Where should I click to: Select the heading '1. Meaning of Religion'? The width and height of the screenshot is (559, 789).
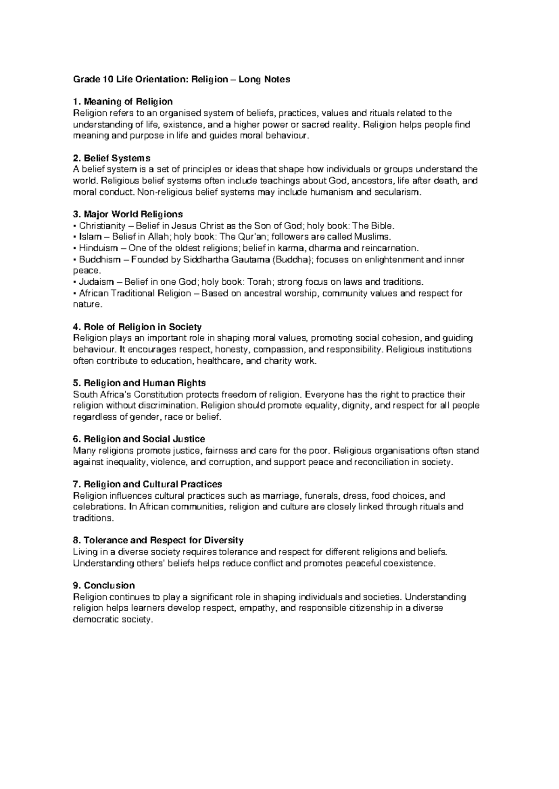pos(123,101)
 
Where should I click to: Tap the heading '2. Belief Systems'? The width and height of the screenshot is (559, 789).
pos(112,158)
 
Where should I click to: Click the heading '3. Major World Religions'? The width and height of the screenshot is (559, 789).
pos(128,214)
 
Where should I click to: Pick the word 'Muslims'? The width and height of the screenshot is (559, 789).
pos(370,237)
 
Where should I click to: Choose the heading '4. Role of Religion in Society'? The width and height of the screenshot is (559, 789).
pos(137,327)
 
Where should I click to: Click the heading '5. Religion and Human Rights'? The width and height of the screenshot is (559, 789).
pos(139,383)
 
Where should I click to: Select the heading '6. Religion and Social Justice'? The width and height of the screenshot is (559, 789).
pos(139,439)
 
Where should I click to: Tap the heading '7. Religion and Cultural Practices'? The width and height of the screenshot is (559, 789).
pos(148,484)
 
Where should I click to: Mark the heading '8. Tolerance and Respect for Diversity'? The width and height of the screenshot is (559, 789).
pos(158,541)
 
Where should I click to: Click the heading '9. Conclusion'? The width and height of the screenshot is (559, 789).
pos(104,585)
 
